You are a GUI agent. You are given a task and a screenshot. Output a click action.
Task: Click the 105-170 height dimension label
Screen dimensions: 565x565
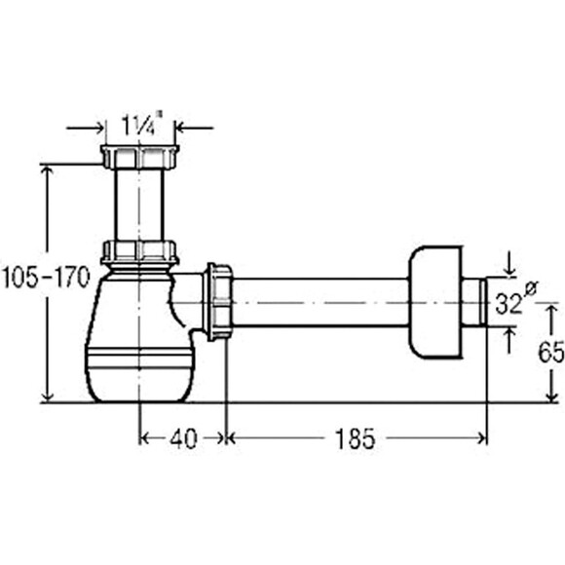(x=46, y=278)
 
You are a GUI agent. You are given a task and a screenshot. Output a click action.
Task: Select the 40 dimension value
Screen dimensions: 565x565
(x=183, y=438)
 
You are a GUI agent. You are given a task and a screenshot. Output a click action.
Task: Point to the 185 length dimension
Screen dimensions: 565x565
(x=355, y=438)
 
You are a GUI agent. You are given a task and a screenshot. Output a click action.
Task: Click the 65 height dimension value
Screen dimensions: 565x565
(x=551, y=352)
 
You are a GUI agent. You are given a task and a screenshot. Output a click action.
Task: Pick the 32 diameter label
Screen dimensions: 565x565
(x=513, y=300)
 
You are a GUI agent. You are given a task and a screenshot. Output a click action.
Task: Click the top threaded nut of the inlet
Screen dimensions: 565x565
(x=139, y=157)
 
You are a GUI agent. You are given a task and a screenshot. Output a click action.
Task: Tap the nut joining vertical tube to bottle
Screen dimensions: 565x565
(x=139, y=252)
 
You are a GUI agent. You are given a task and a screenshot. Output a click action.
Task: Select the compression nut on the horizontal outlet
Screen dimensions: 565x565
(x=218, y=302)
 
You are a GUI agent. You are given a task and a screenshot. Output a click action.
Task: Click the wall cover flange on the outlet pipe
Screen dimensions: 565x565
(x=435, y=302)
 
